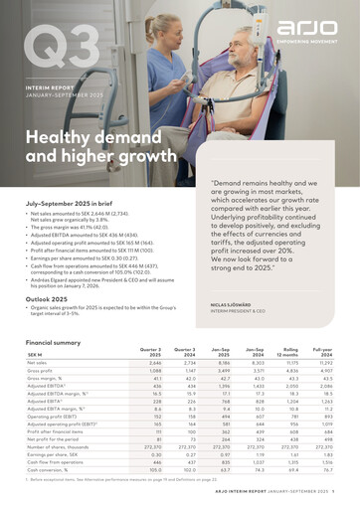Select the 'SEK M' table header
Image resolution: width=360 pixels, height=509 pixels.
tap(36, 355)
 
